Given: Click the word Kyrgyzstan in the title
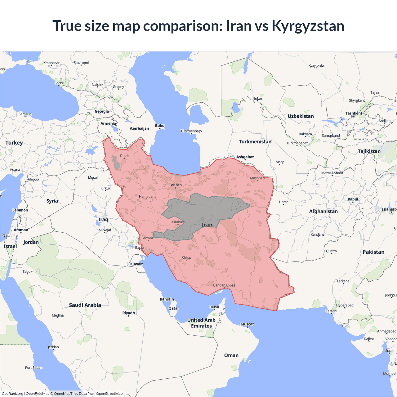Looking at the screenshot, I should coord(308,26).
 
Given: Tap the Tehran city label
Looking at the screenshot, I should coord(175,185).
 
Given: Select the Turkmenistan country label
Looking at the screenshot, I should coord(255,142).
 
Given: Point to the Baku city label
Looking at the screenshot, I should coord(160,126).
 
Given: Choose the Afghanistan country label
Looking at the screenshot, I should coord(323,212).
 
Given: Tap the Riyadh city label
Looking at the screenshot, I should coord(128,313).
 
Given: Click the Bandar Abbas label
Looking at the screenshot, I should coord(224,285).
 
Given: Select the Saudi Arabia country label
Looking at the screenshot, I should coord(85,305).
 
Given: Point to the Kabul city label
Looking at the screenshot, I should coord(353,199).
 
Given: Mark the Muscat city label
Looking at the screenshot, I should coord(247,324).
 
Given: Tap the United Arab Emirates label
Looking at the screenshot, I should coord(201,323).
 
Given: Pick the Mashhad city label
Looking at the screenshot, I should coord(257,178).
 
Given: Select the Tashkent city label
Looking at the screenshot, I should coord(354,113).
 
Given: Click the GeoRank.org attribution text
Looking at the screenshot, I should coord(12,394).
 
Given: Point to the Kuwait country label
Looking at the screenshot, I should coord(136,264).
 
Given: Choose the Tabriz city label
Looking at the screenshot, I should coord(124,156).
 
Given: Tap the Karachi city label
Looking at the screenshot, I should coord(331,311).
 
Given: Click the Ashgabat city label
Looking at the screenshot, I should coord(245,157).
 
